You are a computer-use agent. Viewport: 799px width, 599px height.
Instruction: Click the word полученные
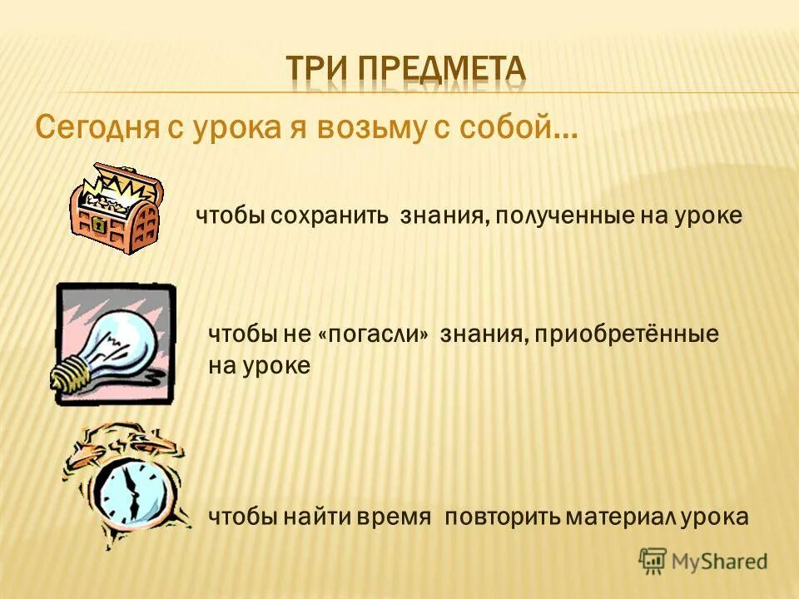pyautogui.click(x=562, y=216)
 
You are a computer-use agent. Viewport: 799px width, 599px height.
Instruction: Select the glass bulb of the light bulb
pyautogui.click(x=125, y=337)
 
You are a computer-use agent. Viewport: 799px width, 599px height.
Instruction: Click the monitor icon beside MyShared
pyautogui.click(x=653, y=562)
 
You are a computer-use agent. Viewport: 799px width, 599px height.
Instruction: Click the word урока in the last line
pyautogui.click(x=714, y=517)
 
